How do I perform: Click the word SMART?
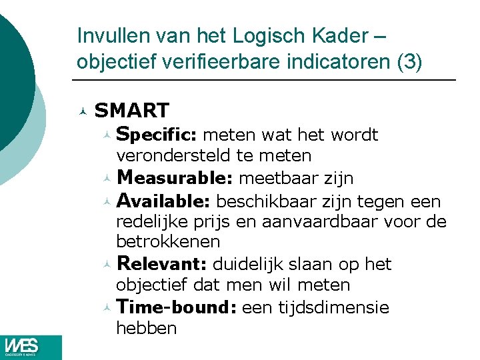point(132,110)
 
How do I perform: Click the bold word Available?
point(164,201)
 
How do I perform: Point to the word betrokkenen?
point(168,241)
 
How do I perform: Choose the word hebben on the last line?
point(146,328)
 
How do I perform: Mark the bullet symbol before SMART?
point(82,111)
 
